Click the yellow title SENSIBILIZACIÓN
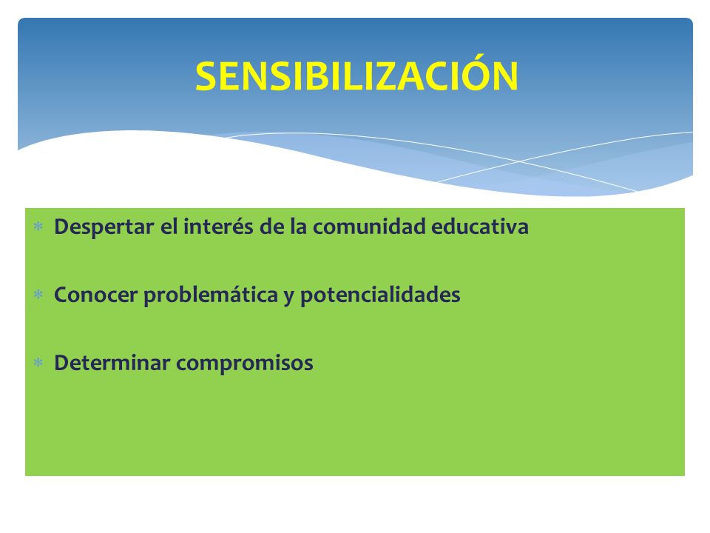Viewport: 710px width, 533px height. click(x=356, y=76)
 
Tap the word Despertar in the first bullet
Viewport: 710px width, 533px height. click(x=104, y=227)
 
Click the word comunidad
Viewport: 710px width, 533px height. click(x=369, y=227)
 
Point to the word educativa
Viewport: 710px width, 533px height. click(x=479, y=227)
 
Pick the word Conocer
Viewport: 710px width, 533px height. click(x=95, y=295)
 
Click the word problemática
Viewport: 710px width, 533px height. click(x=211, y=295)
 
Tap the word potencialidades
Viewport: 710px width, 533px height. click(x=380, y=295)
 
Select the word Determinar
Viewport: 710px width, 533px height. click(x=112, y=363)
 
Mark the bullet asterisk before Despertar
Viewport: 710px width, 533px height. click(x=38, y=227)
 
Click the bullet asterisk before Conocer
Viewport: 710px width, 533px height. click(x=38, y=295)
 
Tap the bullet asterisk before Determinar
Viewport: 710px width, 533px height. click(x=38, y=363)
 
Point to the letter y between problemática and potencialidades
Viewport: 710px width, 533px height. click(x=289, y=298)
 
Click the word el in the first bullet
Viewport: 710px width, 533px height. click(x=169, y=227)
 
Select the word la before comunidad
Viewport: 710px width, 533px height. click(x=298, y=227)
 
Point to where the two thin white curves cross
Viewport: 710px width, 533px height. click(x=519, y=161)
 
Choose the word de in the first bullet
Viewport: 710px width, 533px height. click(x=271, y=227)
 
